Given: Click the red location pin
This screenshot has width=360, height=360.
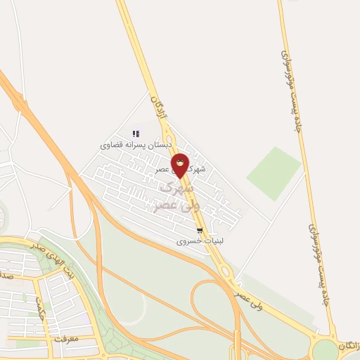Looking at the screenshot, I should pyautogui.click(x=180, y=167).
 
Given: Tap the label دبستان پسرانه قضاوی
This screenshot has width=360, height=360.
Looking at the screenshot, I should pyautogui.click(x=136, y=145).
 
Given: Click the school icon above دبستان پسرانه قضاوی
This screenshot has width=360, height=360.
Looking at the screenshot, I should pyautogui.click(x=136, y=133).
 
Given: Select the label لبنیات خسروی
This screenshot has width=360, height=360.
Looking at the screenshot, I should pyautogui.click(x=200, y=241).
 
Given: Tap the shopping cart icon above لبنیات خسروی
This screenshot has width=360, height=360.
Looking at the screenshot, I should pyautogui.click(x=200, y=230).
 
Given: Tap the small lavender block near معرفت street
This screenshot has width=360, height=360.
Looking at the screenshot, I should pyautogui.click(x=85, y=320).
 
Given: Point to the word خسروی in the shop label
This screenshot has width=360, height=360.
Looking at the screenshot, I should pyautogui.click(x=189, y=241).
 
